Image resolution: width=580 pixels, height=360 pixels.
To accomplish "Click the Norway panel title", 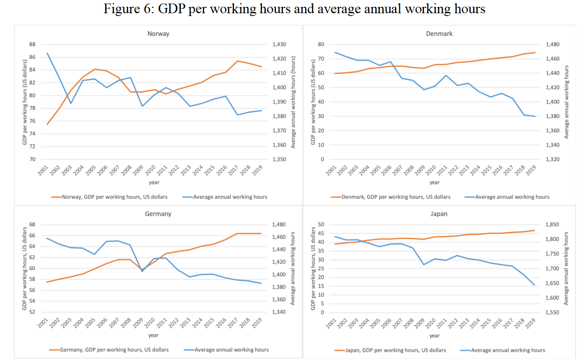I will (x=158, y=34).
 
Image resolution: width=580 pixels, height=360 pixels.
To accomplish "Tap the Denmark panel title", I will (x=439, y=34).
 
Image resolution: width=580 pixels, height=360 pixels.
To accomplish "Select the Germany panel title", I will (x=158, y=214).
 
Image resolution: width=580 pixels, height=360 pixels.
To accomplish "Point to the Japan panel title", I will (x=439, y=214).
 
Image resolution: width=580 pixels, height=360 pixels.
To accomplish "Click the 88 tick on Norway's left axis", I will (x=32, y=44).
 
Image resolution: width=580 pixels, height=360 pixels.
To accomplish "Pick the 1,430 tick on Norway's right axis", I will (x=279, y=44).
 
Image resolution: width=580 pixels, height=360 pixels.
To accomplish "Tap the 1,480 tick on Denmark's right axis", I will (x=552, y=44).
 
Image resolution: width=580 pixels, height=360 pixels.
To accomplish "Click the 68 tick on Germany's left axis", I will (x=32, y=225).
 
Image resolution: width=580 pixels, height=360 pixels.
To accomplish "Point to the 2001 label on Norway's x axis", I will (x=43, y=170).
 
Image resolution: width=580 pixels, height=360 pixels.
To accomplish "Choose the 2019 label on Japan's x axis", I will (x=531, y=323).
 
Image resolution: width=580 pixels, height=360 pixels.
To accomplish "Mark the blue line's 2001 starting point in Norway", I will (x=47, y=53).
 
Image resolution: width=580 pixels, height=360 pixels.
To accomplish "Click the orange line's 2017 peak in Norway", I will (x=238, y=61).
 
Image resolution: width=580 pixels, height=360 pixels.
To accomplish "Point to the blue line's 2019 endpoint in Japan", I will (x=535, y=285).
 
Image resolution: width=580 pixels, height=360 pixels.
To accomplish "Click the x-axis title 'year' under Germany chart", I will (x=153, y=335).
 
